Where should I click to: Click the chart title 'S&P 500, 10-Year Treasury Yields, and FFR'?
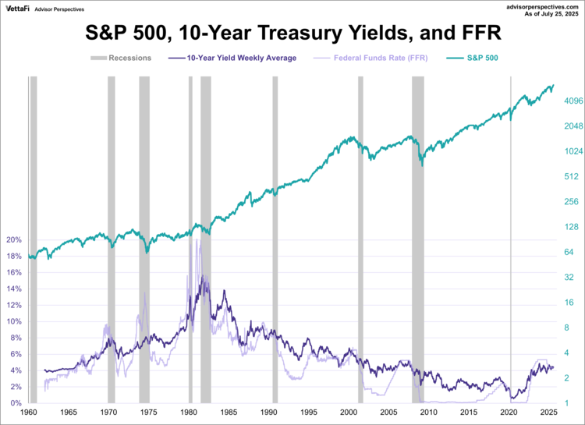[x=292, y=34]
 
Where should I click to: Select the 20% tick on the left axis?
[x=15, y=240]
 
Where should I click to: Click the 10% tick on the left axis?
[x=15, y=321]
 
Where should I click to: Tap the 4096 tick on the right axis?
[x=574, y=101]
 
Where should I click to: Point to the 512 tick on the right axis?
[x=571, y=176]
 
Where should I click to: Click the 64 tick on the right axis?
[x=569, y=252]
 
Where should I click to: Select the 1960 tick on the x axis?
[x=29, y=412]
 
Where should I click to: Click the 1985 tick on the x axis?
[x=229, y=412]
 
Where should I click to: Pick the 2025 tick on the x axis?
[x=548, y=412]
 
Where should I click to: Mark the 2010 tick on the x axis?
[x=428, y=412]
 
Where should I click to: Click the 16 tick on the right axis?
[x=569, y=303]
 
